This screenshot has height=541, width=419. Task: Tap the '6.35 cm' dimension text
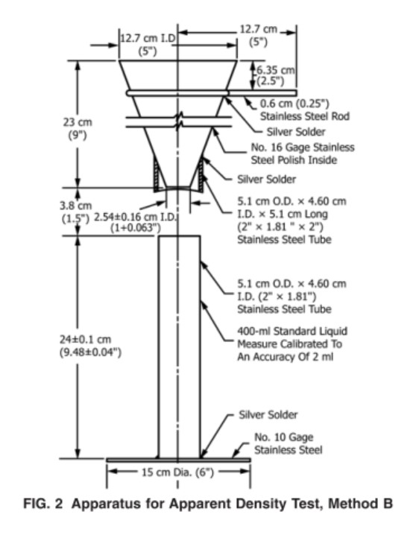pos(276,70)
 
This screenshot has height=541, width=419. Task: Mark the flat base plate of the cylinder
pos(179,459)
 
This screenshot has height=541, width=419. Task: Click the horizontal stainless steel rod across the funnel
pos(179,93)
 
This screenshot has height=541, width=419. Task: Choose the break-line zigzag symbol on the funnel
pos(179,117)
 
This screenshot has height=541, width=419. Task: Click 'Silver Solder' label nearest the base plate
pos(268,414)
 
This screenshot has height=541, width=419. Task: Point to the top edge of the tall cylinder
pos(179,236)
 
